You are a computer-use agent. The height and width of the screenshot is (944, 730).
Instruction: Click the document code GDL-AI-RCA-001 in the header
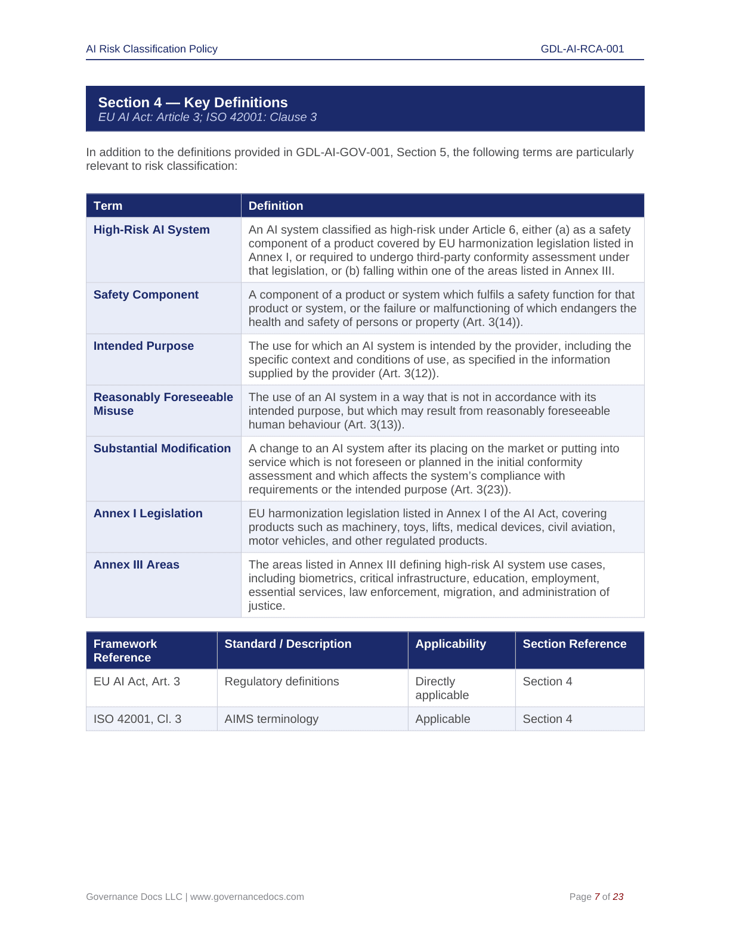tap(582, 49)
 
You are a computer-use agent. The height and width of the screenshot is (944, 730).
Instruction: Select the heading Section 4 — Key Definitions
tap(193, 103)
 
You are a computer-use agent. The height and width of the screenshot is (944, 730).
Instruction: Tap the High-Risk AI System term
tap(151, 230)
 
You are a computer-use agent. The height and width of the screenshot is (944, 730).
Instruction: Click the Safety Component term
tap(146, 295)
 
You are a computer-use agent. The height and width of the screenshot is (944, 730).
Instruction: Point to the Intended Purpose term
tap(144, 346)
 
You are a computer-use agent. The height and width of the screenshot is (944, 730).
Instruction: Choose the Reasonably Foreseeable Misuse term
tap(163, 404)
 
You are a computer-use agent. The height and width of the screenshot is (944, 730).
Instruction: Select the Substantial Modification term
tap(162, 449)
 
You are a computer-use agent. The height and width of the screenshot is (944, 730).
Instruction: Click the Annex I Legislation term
tap(148, 514)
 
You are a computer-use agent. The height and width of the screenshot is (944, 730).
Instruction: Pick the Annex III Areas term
tap(137, 565)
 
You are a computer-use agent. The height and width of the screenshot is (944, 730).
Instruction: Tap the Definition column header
tap(276, 206)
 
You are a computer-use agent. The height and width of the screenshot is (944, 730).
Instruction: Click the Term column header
tap(108, 206)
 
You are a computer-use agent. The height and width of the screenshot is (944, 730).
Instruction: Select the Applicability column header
tap(450, 644)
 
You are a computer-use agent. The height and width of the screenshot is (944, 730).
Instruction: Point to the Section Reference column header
tap(574, 644)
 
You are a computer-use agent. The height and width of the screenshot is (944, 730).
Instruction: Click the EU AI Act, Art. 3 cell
tap(137, 682)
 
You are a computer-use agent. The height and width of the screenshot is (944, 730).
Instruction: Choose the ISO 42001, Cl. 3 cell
tap(137, 719)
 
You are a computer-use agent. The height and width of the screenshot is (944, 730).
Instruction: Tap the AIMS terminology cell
tap(271, 719)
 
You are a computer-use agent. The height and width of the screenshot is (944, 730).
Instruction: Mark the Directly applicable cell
tap(442, 688)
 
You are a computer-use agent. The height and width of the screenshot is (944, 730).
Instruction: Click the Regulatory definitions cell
tap(282, 682)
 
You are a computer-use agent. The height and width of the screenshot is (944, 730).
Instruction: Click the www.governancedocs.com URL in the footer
tap(247, 897)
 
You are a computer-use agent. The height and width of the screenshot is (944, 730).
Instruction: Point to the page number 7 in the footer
tap(597, 897)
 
